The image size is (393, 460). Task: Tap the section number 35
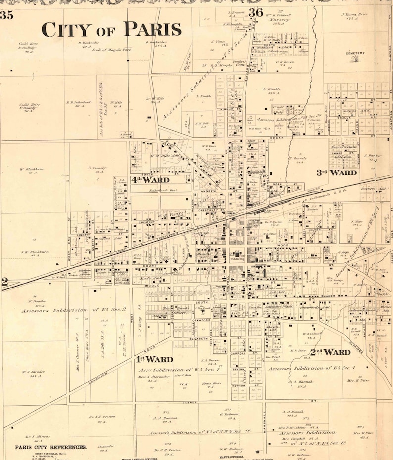pyautogui.click(x=6, y=15)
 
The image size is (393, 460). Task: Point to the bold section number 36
pyautogui.click(x=256, y=13)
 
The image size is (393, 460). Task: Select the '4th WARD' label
pyautogui.click(x=150, y=179)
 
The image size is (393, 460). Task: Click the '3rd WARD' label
pyautogui.click(x=337, y=172)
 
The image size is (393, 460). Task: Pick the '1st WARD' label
pyautogui.click(x=154, y=359)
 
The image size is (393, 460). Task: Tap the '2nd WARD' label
pyautogui.click(x=330, y=352)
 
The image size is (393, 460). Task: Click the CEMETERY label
pyautogui.click(x=355, y=53)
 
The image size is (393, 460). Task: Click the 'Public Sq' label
pyautogui.click(x=237, y=258)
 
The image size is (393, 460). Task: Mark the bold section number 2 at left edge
pyautogui.click(x=5, y=282)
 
